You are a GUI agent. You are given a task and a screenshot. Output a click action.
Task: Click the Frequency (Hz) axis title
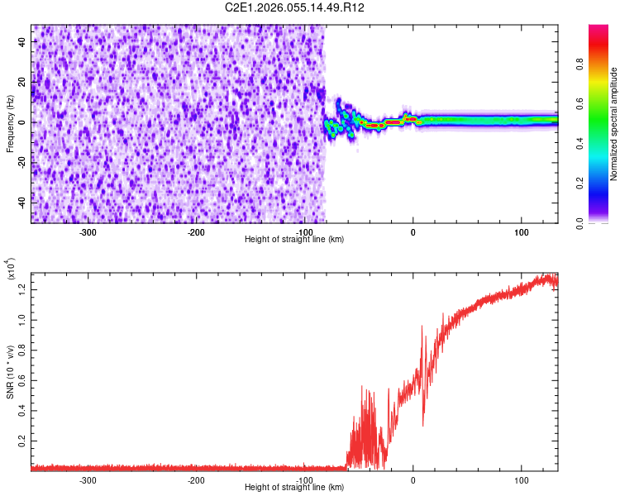click(10, 124)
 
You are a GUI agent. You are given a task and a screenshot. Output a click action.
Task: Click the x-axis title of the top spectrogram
click(294, 239)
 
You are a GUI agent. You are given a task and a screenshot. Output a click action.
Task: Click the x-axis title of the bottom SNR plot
click(294, 487)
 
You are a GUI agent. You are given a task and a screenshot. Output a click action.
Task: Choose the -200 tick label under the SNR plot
click(196, 480)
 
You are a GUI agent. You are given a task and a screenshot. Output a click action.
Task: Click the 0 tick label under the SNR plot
click(413, 480)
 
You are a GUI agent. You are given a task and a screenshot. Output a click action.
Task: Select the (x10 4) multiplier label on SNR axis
click(12, 269)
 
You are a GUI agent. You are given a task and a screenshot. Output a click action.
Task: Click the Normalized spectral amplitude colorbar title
click(614, 124)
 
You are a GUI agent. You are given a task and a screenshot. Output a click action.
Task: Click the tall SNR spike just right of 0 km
click(422, 327)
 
